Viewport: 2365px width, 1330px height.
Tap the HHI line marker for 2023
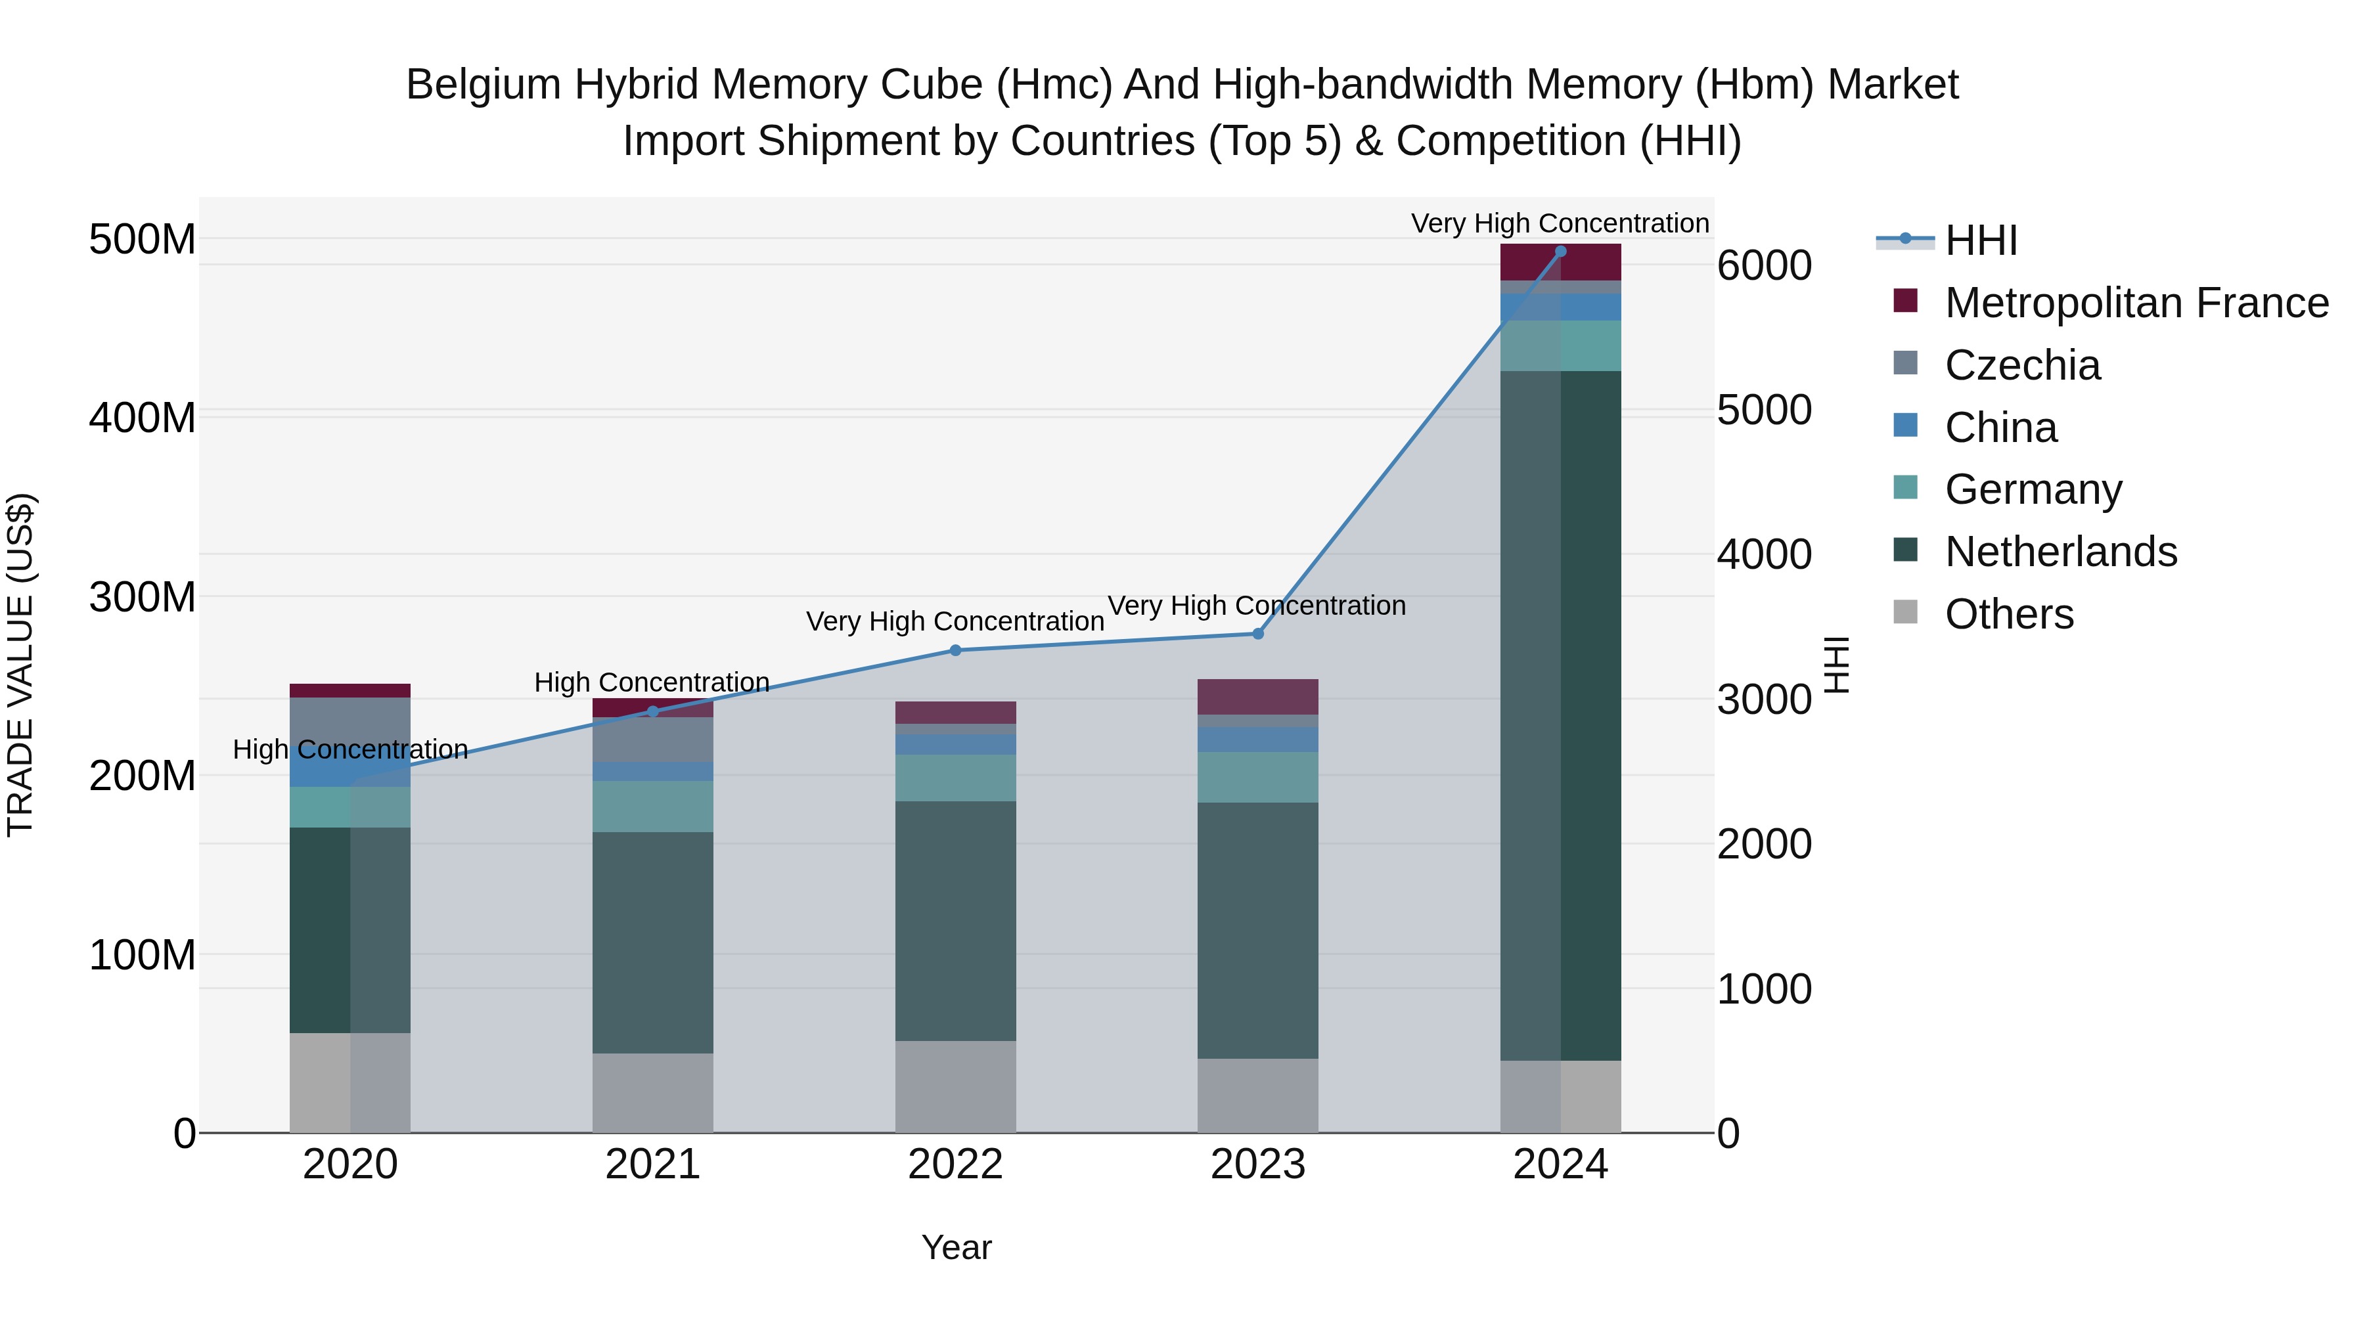click(1258, 634)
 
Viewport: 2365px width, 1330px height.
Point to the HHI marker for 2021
click(653, 711)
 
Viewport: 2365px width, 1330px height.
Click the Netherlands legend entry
click(2060, 552)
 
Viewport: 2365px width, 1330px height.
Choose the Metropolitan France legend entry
click(2136, 303)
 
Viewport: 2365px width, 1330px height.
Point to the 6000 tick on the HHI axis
click(1765, 266)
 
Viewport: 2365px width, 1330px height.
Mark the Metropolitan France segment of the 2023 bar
click(1258, 697)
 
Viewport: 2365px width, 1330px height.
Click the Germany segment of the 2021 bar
click(653, 807)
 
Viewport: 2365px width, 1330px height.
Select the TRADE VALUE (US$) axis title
click(21, 665)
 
